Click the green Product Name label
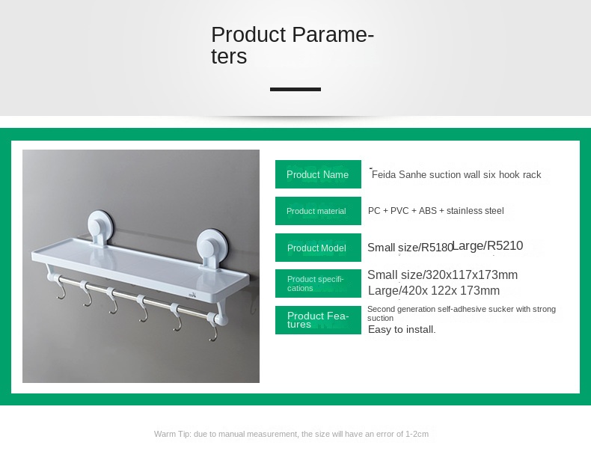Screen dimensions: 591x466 point(318,174)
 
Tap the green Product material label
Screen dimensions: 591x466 point(318,211)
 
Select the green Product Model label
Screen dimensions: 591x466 point(318,248)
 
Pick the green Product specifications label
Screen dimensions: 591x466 point(318,283)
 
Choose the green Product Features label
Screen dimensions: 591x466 point(318,320)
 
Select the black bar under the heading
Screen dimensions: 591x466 point(295,89)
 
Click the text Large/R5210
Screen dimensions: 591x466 point(487,245)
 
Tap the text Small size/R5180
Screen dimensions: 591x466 point(410,248)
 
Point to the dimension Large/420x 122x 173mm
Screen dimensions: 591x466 point(434,290)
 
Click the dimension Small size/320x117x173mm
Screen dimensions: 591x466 point(442,275)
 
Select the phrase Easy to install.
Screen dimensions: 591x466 point(402,330)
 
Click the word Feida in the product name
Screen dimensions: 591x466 point(384,174)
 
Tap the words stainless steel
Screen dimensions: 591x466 point(475,211)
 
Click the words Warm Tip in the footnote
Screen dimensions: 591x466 point(173,434)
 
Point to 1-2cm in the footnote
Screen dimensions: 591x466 point(417,434)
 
